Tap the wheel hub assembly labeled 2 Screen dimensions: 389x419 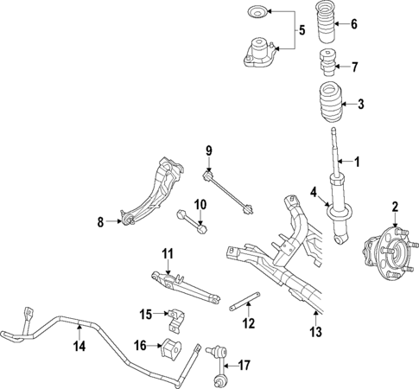coord(387,252)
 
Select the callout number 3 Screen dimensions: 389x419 coord(360,105)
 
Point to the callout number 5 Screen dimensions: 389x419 coord(302,31)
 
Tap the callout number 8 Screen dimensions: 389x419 coord(100,222)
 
